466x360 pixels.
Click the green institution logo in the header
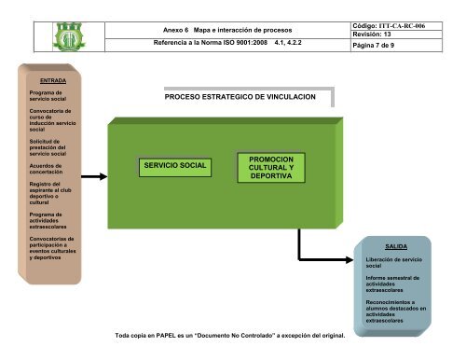click(x=69, y=36)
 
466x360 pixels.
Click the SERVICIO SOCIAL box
click(x=175, y=168)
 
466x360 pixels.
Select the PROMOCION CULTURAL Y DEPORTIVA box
click(x=271, y=168)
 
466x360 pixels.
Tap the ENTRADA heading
click(x=53, y=80)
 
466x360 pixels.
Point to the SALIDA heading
click(x=396, y=246)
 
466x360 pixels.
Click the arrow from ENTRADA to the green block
click(x=94, y=176)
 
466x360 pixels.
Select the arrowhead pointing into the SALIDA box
click(x=349, y=259)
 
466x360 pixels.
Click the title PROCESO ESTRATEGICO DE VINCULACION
click(x=240, y=97)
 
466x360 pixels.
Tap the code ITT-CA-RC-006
click(x=402, y=26)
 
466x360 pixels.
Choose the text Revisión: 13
click(x=372, y=35)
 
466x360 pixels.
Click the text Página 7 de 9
click(x=374, y=46)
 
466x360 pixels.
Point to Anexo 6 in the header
click(x=176, y=30)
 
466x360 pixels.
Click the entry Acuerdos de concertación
click(x=46, y=169)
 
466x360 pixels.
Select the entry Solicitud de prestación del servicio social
click(x=48, y=147)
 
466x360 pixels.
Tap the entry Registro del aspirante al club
click(x=50, y=187)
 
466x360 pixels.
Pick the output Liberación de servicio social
click(x=394, y=263)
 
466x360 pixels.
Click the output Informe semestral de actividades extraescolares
click(x=392, y=284)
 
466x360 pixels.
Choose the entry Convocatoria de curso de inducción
click(x=52, y=118)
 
